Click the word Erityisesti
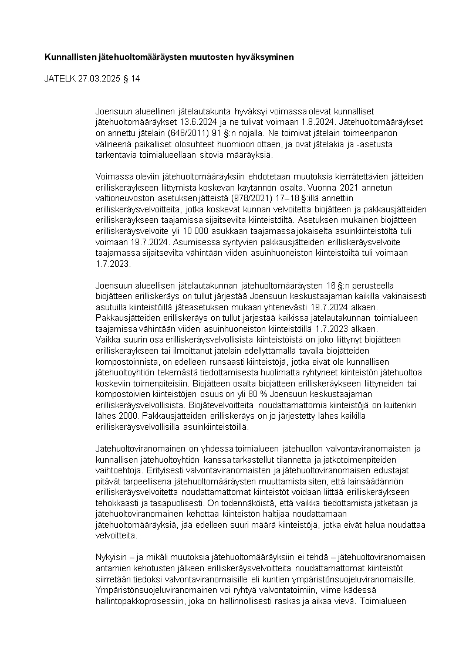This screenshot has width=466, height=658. tap(166, 469)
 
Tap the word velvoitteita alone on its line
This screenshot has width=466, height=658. tap(117, 535)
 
